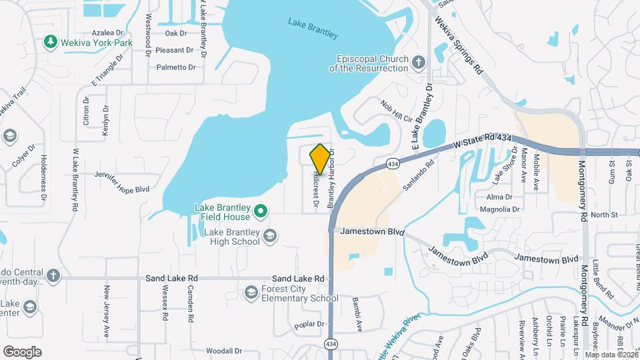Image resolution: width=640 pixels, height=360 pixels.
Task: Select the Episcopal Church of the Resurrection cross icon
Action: coord(418,63)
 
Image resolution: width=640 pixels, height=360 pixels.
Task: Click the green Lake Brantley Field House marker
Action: coord(261,212)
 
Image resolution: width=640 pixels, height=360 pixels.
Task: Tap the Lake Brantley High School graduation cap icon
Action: coord(269,235)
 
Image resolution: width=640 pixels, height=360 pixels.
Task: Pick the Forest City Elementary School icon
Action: coord(251,293)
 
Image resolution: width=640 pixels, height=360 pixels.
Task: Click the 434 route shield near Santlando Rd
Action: coord(393,163)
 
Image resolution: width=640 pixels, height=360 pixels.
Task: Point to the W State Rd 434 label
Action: coord(483,139)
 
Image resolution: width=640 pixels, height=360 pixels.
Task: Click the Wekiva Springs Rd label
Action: coord(458,46)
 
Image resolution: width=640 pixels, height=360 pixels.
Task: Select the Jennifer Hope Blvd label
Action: coord(123,189)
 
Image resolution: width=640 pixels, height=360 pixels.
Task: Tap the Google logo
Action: coord(22,351)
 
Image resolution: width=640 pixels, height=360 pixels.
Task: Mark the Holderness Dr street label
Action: coord(43,178)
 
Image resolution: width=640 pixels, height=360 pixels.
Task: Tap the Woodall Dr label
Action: coord(223,351)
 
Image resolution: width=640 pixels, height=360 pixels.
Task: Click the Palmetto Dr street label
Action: coord(176,67)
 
